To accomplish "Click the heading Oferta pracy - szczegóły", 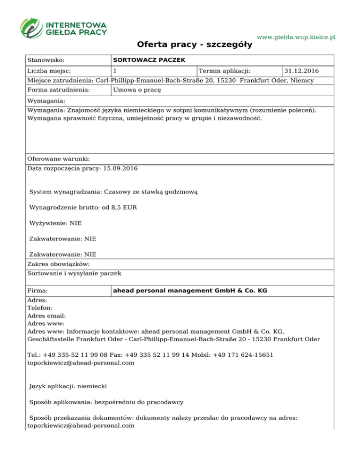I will [x=195, y=45].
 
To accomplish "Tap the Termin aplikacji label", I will [x=225, y=71].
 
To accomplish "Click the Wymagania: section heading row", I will [x=46, y=101].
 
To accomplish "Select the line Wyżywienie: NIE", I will [x=55, y=223].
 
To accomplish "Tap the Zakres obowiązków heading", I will [x=59, y=264].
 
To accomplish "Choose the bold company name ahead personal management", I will [x=190, y=291].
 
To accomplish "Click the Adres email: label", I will [x=46, y=316].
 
